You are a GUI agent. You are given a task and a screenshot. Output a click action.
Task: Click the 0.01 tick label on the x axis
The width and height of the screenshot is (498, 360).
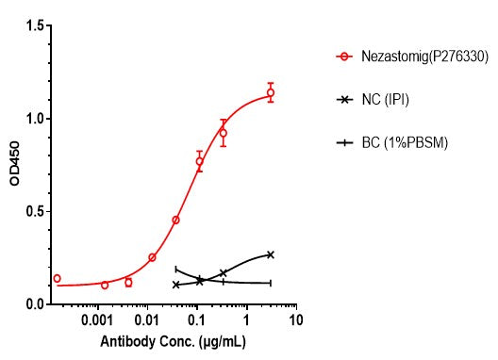click(x=148, y=321)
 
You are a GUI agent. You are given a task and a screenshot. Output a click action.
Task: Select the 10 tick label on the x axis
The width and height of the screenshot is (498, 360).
click(x=296, y=321)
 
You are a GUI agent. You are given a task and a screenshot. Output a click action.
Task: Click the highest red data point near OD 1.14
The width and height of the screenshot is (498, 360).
click(x=271, y=92)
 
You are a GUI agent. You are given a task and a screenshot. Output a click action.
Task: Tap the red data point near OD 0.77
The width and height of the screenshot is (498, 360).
click(x=199, y=161)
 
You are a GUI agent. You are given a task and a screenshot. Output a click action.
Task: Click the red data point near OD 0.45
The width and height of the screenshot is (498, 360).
click(x=175, y=221)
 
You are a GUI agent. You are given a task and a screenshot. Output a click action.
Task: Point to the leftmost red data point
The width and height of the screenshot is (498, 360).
click(x=57, y=278)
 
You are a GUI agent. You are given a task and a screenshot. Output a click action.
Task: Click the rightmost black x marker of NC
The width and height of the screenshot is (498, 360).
click(x=271, y=254)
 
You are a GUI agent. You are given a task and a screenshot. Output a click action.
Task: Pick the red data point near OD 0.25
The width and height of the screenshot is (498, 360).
click(x=152, y=257)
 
